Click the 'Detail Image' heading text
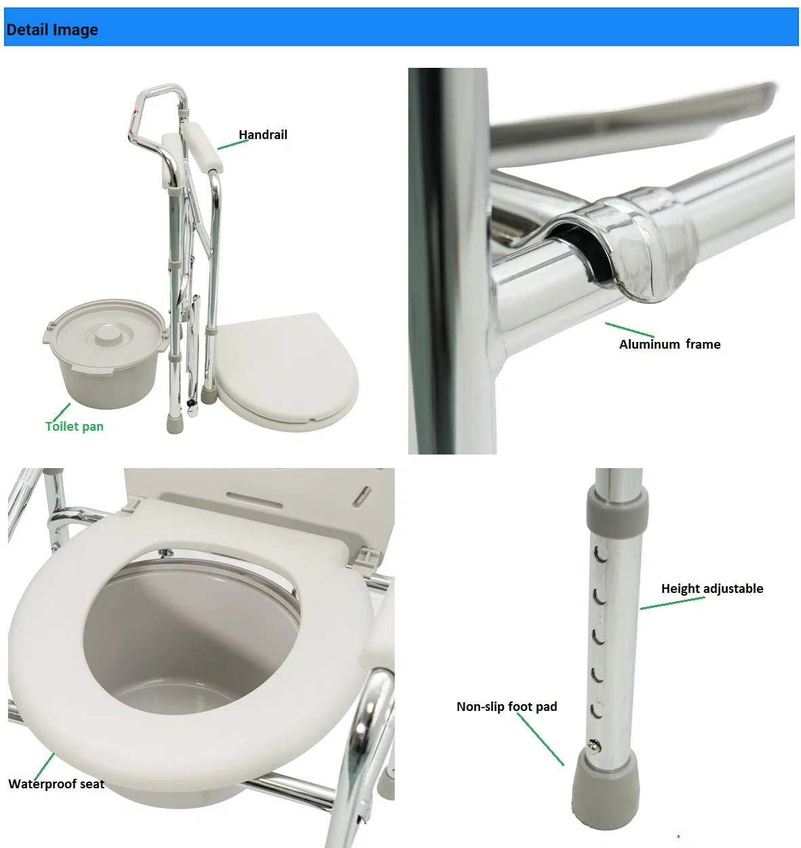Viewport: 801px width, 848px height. coord(52,30)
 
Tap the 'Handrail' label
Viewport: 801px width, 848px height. coord(263,135)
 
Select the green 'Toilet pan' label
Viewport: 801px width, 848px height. coord(75,427)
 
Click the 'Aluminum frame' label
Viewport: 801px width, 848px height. coord(669,344)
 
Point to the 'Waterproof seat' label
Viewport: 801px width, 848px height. coord(56,784)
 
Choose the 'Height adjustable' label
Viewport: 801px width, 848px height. coord(712,589)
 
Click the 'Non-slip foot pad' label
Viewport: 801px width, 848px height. coord(507,707)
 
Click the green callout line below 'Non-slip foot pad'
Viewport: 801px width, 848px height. coord(540,739)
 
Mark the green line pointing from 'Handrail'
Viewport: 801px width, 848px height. coord(233,144)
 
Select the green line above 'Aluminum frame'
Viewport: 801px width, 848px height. coord(630,330)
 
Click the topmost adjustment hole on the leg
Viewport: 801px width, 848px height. coord(600,555)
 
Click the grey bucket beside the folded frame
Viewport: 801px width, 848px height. coord(106,353)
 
